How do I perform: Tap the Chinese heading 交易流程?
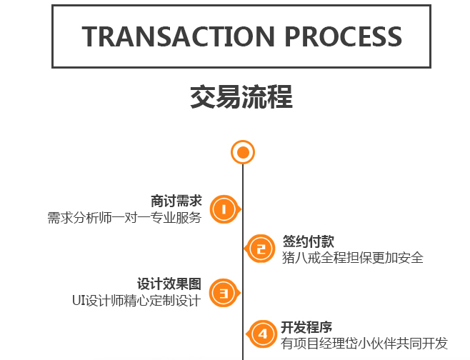click(241, 97)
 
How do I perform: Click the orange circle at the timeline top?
click(243, 152)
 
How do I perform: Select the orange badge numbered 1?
click(224, 210)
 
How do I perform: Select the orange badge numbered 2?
click(261, 249)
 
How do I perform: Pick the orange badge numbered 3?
click(224, 293)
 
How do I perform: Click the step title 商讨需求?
click(176, 202)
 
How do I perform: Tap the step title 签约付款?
click(308, 241)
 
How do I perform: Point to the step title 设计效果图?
click(169, 284)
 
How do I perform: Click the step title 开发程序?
click(307, 328)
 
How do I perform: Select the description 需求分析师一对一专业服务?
click(124, 218)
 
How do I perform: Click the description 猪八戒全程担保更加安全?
click(353, 257)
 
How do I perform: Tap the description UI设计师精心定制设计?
click(136, 301)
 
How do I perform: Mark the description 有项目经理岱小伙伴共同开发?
click(364, 344)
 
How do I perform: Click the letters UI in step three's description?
click(79, 301)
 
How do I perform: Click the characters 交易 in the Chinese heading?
click(216, 97)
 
